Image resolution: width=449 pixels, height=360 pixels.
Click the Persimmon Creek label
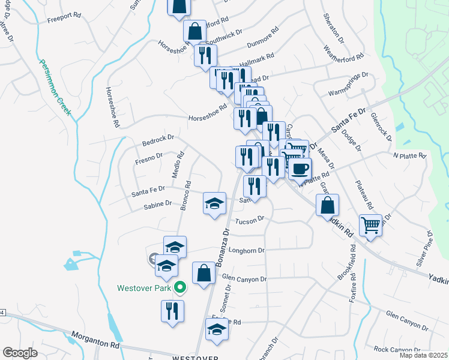tap(55, 89)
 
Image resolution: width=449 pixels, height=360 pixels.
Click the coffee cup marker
tap(300, 168)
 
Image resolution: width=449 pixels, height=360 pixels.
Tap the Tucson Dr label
tap(250, 221)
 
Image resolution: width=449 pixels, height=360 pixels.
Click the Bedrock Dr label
tap(158, 140)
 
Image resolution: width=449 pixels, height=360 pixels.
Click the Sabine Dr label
tap(158, 206)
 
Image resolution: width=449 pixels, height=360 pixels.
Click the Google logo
tap(20, 353)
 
